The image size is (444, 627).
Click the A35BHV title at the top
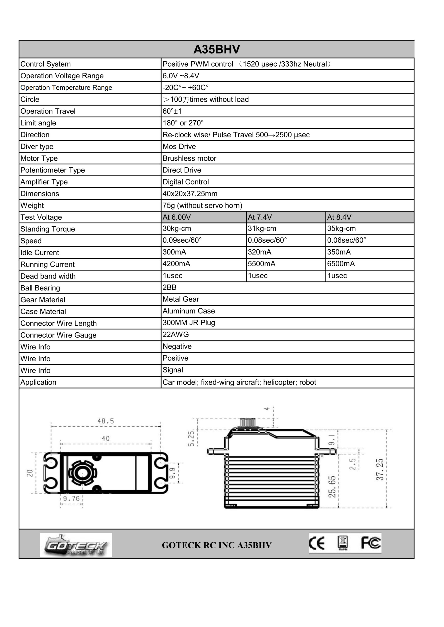point(216,49)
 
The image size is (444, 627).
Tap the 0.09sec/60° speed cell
point(182,240)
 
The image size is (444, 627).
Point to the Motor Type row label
point(39,158)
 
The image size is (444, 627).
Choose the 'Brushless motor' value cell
point(189,158)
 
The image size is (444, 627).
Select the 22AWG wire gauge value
point(176,335)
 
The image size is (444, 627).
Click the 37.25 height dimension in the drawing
point(380,470)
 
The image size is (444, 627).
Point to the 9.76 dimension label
point(71,499)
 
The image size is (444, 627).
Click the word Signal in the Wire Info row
point(173,370)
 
